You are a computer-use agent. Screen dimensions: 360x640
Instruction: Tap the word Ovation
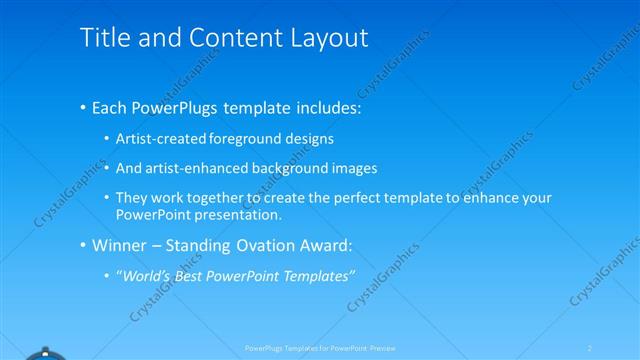tap(264, 245)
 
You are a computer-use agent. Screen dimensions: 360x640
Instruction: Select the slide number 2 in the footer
tap(590, 348)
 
